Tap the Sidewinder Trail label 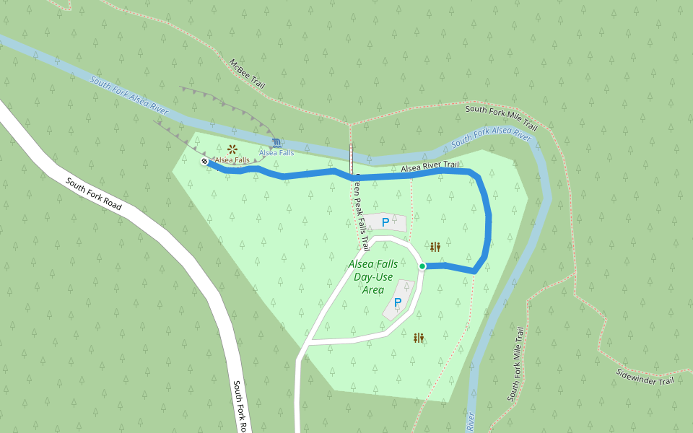coord(645,377)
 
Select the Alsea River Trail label coord(430,167)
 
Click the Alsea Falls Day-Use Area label coord(372,277)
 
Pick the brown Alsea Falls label coord(232,160)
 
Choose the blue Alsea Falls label coord(276,153)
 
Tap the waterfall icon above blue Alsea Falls coord(277,142)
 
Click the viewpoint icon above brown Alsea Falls coord(232,149)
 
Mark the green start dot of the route coord(422,266)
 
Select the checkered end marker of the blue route coord(205,162)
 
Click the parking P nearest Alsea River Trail coord(385,222)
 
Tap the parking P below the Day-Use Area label coord(397,303)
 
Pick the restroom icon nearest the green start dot coord(435,247)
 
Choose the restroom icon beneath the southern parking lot coord(418,338)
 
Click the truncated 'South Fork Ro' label coord(240,406)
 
